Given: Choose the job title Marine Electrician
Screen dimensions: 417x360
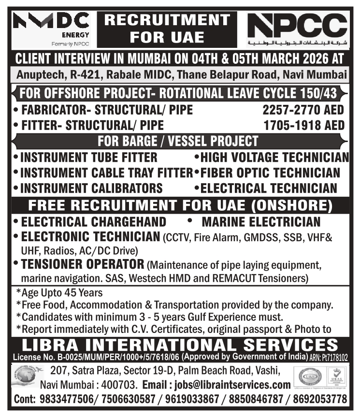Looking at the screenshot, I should pyautogui.click(x=261, y=222).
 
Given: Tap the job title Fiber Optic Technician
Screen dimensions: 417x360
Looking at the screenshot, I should pyautogui.click(x=270, y=173).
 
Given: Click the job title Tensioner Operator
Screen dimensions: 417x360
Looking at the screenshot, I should pyautogui.click(x=82, y=265).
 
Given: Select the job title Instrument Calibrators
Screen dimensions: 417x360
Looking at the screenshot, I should pyautogui.click(x=91, y=188).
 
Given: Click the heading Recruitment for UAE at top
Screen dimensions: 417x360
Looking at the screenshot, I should pyautogui.click(x=167, y=28).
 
